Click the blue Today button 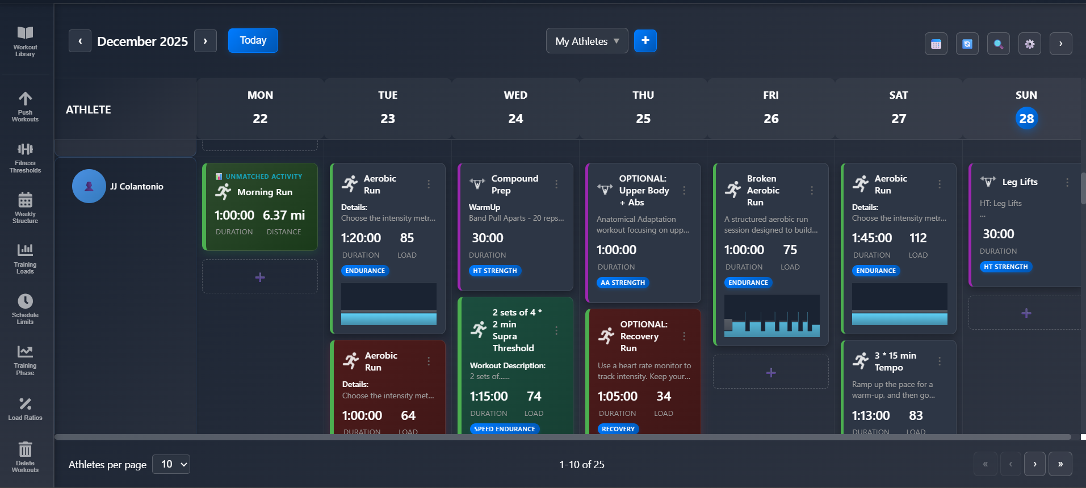point(253,40)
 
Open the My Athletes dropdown point(586,41)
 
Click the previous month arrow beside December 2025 point(80,41)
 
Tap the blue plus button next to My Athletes point(645,41)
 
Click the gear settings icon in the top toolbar point(1029,44)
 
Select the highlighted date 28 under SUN point(1026,119)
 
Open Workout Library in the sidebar point(25,41)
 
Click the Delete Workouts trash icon point(25,456)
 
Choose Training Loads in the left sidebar point(25,258)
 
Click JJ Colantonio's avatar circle point(89,186)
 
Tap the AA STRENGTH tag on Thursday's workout point(622,283)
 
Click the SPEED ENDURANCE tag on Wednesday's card point(504,429)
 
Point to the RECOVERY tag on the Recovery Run point(618,429)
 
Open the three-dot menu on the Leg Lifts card point(1067,182)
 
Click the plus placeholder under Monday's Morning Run point(260,277)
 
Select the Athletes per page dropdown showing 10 point(171,464)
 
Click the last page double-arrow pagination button point(1060,464)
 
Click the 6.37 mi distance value point(283,215)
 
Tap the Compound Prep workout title point(514,184)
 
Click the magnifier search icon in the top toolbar point(998,44)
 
